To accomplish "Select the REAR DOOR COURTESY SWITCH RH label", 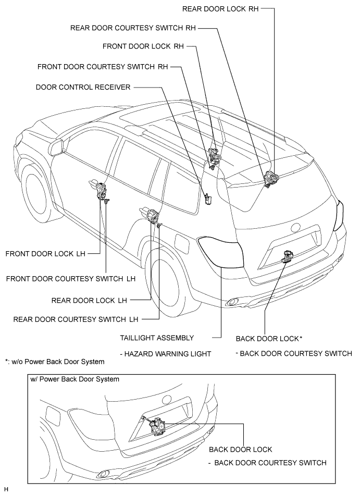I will click(x=133, y=28).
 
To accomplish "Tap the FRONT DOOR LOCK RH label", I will click(x=143, y=46).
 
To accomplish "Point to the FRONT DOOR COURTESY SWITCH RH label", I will click(x=103, y=67).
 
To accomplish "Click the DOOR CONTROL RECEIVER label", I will click(x=83, y=87).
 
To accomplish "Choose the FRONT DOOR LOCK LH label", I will click(x=45, y=254).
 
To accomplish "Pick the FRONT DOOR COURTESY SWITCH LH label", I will click(x=71, y=279).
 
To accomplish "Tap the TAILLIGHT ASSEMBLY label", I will click(x=157, y=338).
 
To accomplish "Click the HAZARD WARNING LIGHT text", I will click(x=165, y=354).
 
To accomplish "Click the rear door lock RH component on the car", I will click(x=271, y=178).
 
